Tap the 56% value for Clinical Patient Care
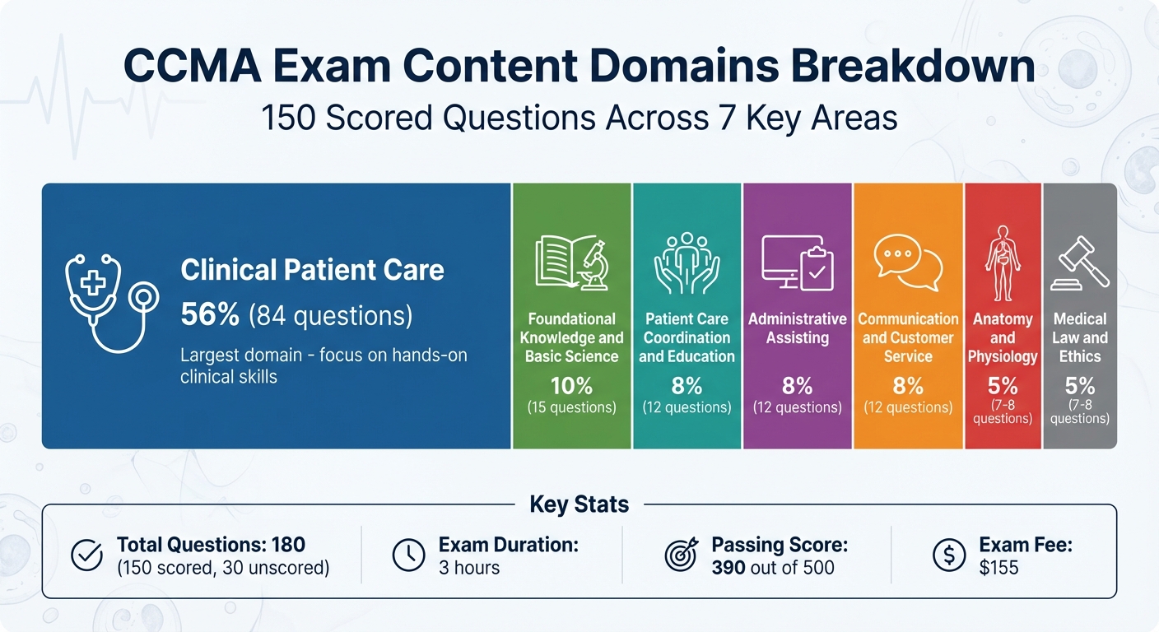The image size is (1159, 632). click(210, 314)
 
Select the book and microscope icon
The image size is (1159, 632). click(571, 263)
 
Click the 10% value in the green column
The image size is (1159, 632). click(571, 386)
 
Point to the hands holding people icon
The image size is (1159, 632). click(687, 263)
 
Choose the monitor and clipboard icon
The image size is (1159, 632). click(797, 263)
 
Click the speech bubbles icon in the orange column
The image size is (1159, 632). click(908, 263)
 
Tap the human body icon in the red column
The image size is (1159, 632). click(1002, 263)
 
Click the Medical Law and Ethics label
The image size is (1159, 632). click(1080, 337)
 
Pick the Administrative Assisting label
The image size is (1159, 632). click(797, 328)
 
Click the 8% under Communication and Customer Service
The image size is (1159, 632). click(908, 386)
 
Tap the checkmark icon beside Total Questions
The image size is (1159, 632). click(86, 555)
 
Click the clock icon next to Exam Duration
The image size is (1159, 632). click(408, 555)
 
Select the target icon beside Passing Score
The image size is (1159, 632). click(681, 555)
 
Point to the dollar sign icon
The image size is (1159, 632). click(948, 555)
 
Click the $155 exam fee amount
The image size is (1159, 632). click(998, 568)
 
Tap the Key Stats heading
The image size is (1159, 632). click(579, 504)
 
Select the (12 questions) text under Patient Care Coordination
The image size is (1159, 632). click(687, 407)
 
